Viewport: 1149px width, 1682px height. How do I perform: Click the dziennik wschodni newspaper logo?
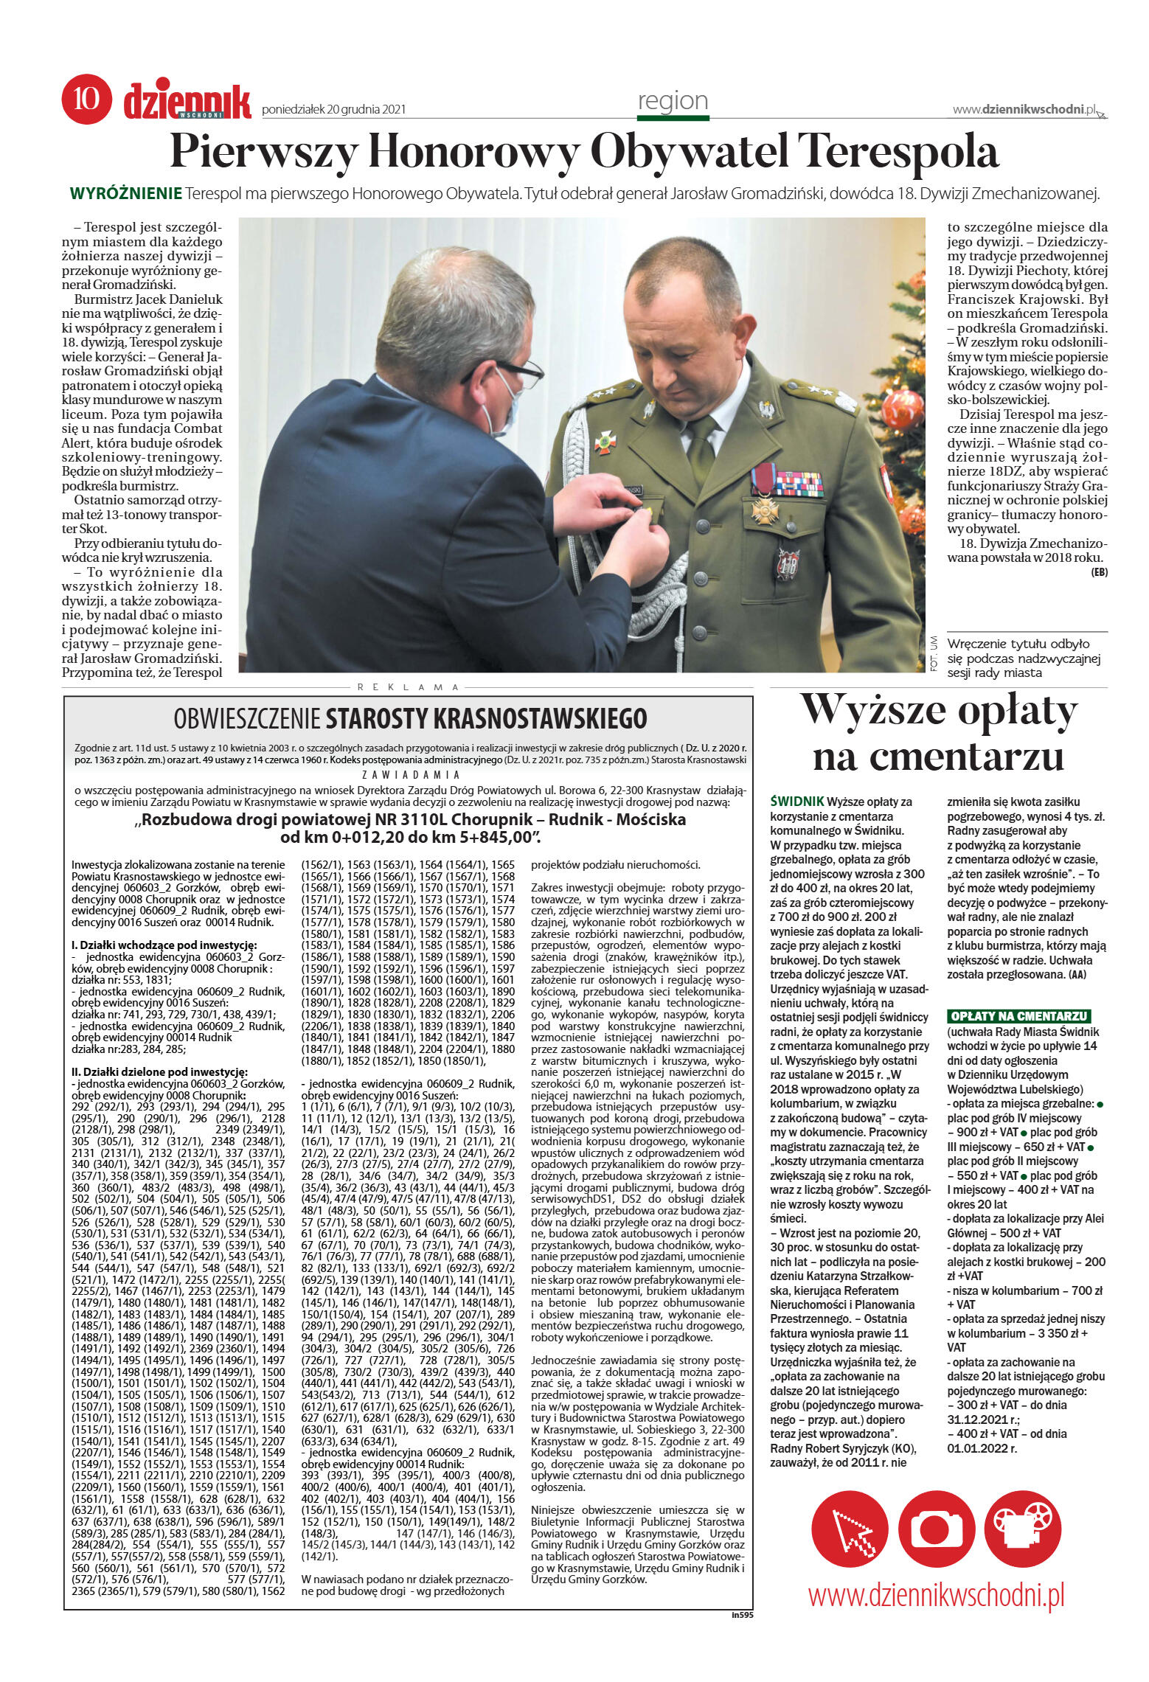point(187,102)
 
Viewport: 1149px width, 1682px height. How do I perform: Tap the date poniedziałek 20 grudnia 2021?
point(333,110)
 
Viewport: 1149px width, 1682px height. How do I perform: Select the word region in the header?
point(672,100)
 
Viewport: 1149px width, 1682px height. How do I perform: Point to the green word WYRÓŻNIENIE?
point(125,194)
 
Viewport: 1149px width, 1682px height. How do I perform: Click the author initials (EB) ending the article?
point(1099,571)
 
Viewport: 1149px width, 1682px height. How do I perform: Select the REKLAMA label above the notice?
point(408,687)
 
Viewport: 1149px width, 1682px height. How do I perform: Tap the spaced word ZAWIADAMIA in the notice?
point(411,775)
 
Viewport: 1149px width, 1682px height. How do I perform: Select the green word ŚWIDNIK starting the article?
point(796,801)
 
